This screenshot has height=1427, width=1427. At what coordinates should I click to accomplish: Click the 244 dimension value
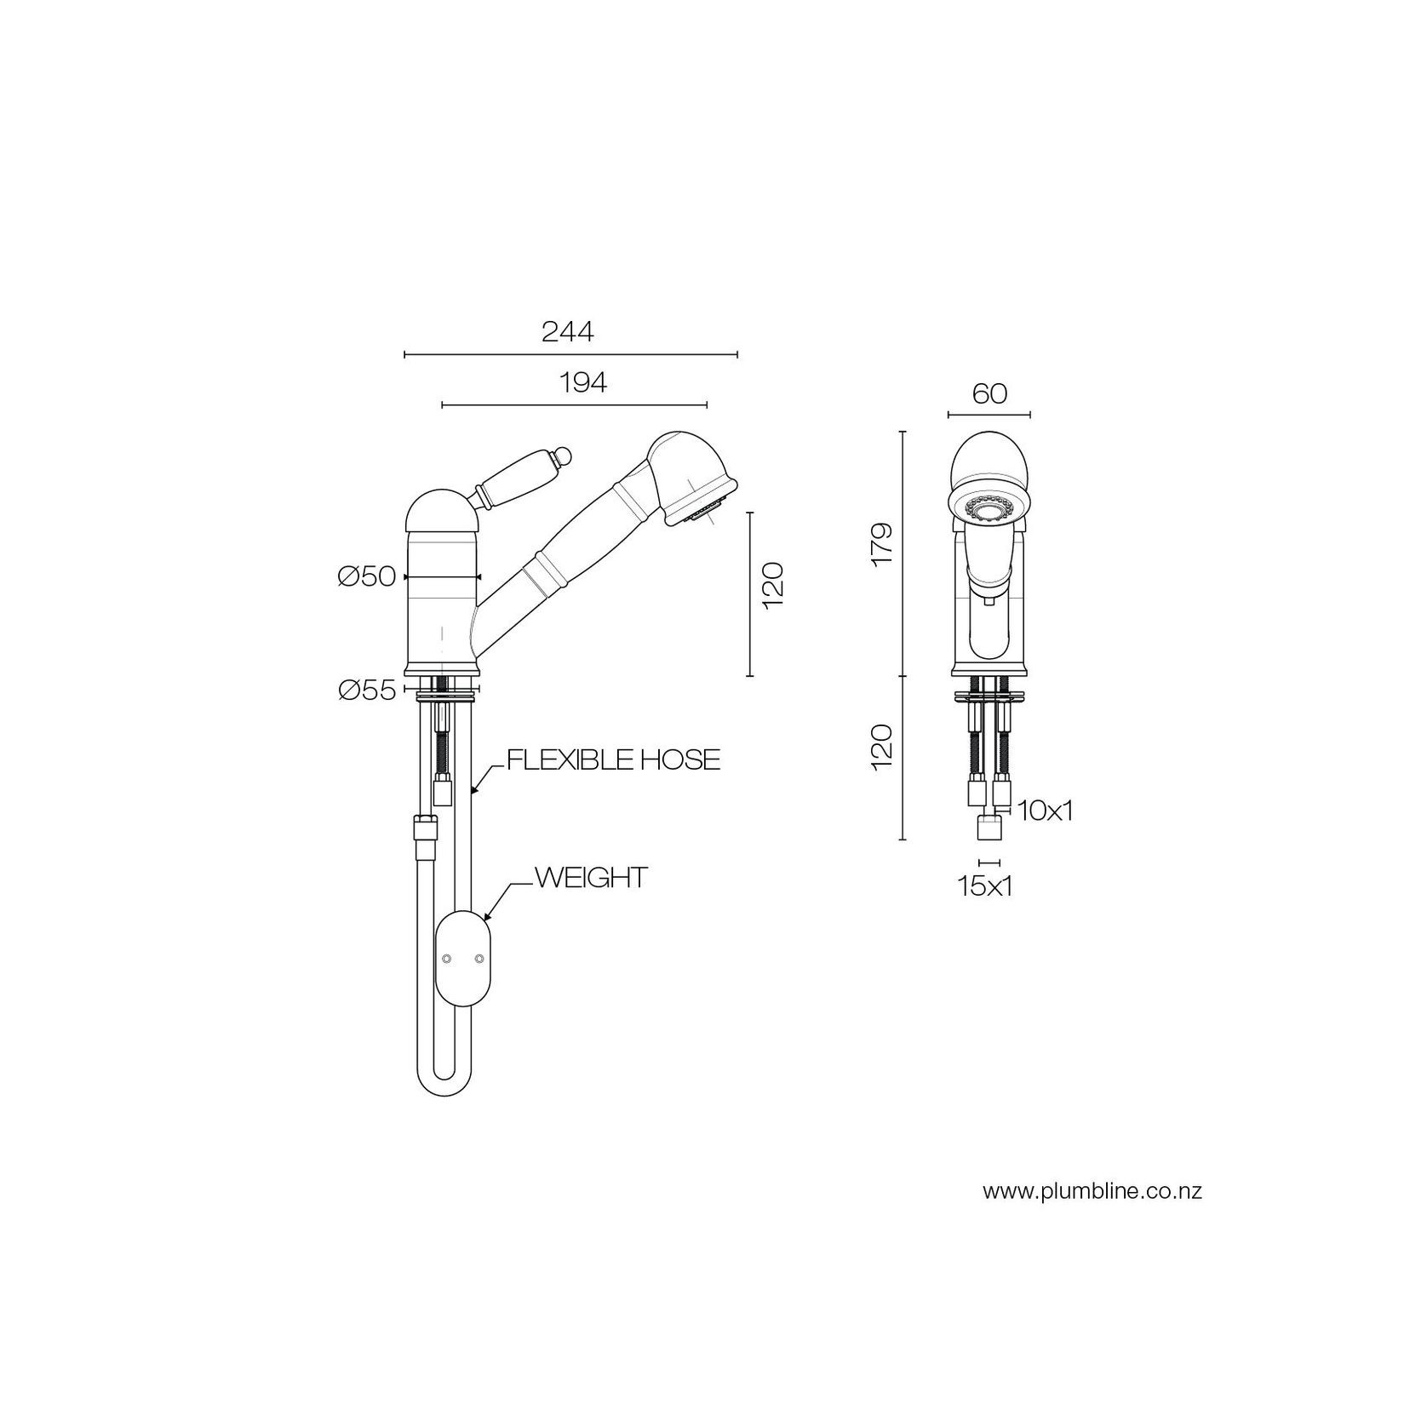click(x=568, y=332)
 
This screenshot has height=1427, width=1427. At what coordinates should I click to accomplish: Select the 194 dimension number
click(x=583, y=383)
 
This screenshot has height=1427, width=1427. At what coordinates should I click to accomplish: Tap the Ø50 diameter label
click(x=367, y=577)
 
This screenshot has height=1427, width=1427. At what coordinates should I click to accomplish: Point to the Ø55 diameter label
click(x=367, y=690)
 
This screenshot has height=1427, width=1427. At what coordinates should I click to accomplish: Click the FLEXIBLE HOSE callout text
click(x=613, y=759)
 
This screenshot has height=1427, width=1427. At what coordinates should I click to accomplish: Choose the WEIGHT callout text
click(x=592, y=878)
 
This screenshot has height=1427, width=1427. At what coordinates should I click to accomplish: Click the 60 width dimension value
click(x=989, y=393)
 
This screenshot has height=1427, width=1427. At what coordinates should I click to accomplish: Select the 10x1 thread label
click(x=1045, y=811)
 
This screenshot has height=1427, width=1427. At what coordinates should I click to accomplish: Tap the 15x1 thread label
click(x=985, y=886)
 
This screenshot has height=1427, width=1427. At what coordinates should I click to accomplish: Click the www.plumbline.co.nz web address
click(x=1092, y=1191)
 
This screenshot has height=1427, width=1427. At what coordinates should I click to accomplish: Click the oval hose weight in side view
click(x=463, y=959)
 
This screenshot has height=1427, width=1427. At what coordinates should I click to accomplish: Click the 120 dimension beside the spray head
click(x=773, y=585)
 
